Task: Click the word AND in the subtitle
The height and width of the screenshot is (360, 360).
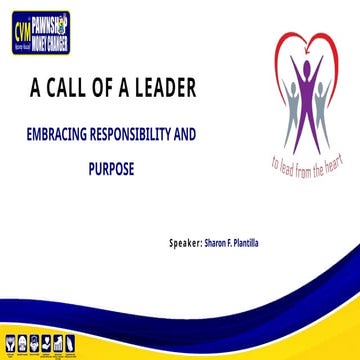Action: [x=207, y=131]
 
